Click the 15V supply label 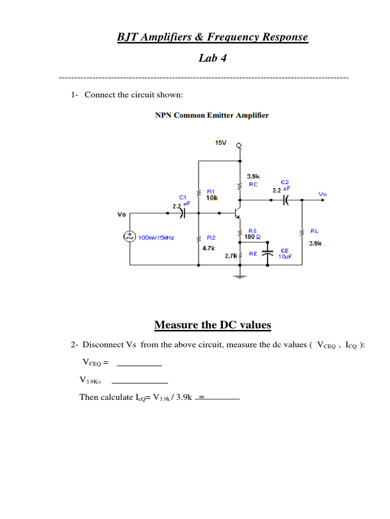[x=220, y=143]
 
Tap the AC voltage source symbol [x=130, y=237]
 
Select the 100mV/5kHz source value [x=155, y=237]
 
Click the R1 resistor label [x=211, y=191]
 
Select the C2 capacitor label [x=284, y=181]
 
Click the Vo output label [x=323, y=194]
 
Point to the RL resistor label [x=314, y=231]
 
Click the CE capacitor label [x=284, y=250]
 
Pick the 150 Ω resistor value [x=252, y=237]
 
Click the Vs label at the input [x=121, y=214]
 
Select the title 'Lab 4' [x=212, y=58]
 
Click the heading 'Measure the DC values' [x=212, y=325]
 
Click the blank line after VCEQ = [x=139, y=364]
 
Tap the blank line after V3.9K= [x=140, y=382]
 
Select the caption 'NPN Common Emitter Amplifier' [x=212, y=115]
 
